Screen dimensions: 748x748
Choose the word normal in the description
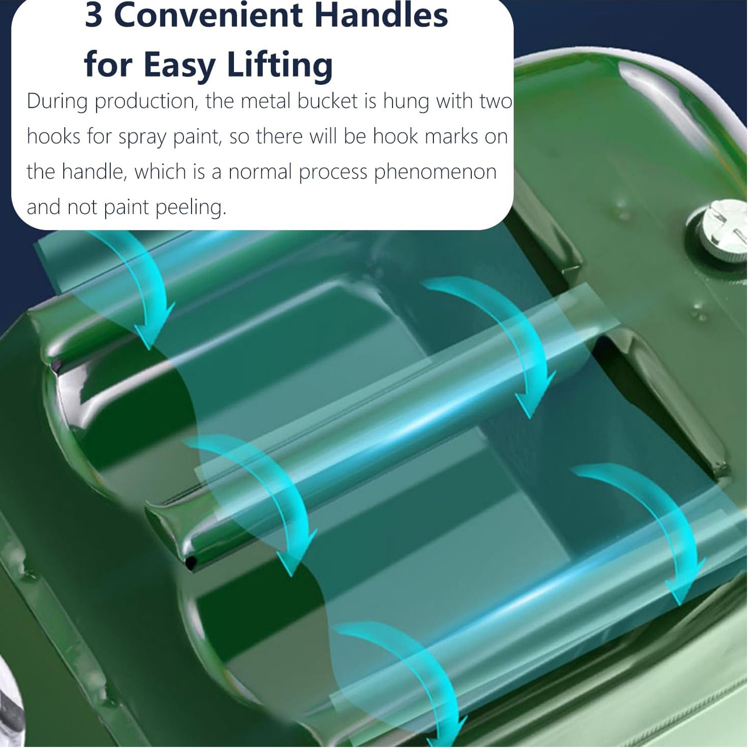tap(260, 172)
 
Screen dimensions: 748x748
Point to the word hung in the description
tap(405, 103)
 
